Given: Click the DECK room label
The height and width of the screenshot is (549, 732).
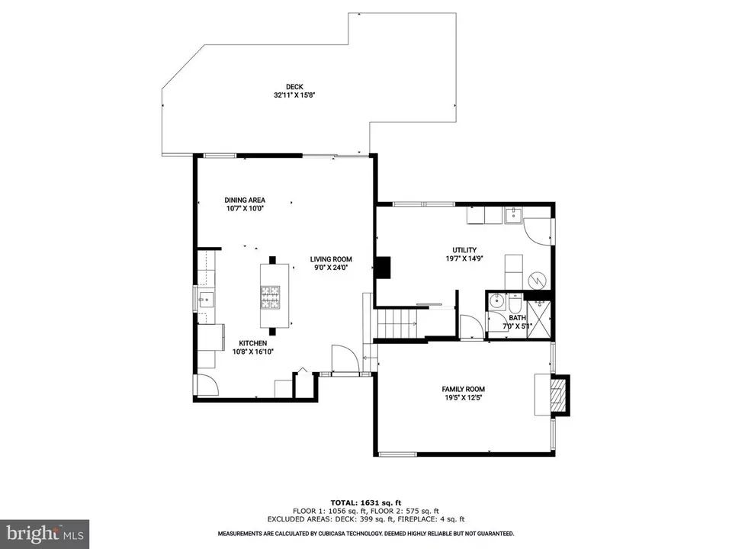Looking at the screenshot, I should pyautogui.click(x=294, y=86).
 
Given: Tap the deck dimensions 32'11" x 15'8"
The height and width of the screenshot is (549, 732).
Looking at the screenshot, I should pyautogui.click(x=294, y=95).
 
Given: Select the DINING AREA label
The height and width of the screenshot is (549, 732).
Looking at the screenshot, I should pyautogui.click(x=245, y=200).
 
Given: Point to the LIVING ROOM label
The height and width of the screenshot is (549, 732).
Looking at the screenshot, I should pyautogui.click(x=330, y=259).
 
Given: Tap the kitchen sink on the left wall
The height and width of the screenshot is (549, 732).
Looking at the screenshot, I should pyautogui.click(x=205, y=298).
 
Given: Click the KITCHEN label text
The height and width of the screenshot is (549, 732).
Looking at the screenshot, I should pyautogui.click(x=252, y=343).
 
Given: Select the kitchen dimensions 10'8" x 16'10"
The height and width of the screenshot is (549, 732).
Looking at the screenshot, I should pyautogui.click(x=252, y=352).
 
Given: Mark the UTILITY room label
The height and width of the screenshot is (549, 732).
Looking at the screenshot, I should pyautogui.click(x=464, y=249).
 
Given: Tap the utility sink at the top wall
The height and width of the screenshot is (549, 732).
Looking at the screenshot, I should pyautogui.click(x=514, y=214).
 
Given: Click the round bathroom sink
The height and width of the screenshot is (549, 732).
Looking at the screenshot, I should pyautogui.click(x=498, y=300).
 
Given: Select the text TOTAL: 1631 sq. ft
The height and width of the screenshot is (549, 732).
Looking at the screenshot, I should pyautogui.click(x=365, y=502).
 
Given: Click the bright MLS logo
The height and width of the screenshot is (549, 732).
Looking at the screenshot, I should pyautogui.click(x=44, y=533).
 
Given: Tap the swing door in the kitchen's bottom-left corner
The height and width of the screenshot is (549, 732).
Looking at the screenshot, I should pyautogui.click(x=206, y=385).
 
